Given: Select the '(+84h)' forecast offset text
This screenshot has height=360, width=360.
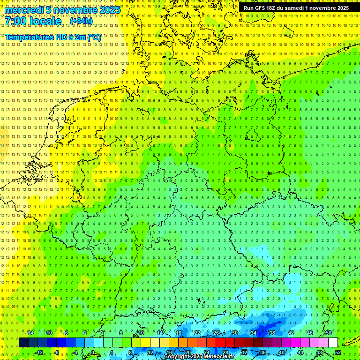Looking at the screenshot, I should pos(81,21).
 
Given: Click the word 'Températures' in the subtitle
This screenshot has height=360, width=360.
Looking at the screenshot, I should pos(27,37).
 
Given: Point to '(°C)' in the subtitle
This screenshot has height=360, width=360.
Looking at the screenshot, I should pos(94,37).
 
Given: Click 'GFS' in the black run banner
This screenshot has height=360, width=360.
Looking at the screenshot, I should pos(260,8).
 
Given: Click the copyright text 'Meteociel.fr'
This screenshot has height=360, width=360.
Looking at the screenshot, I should pos(219,357).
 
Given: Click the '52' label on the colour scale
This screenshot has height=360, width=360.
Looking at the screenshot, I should pos(338,352).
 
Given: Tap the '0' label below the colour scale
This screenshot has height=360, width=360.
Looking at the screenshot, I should pos(92,352).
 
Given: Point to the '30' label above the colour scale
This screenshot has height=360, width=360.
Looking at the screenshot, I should pos(234,333).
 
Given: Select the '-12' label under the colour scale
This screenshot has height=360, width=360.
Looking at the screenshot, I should pos(39,352).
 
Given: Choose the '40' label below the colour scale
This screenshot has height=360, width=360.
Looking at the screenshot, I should pos(281,352).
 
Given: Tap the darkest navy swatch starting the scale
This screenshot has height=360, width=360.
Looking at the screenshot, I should pos(24,343).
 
